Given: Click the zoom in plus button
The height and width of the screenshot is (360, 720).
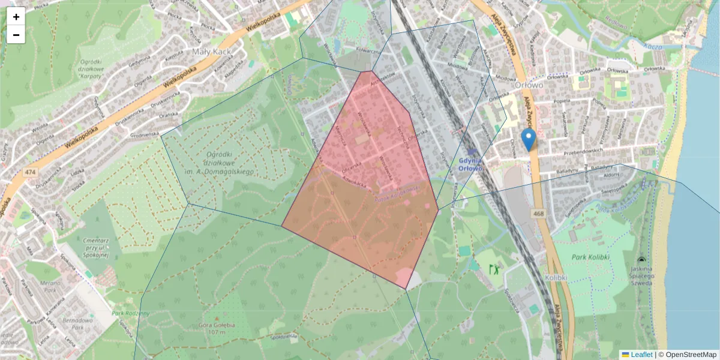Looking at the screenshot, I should pos(16,17).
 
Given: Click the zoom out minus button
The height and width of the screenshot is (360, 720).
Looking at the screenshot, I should pos(16,35).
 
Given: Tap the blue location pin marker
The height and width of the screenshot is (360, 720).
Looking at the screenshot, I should pos(529,139).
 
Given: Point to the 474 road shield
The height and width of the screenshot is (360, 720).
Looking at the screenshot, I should pos(29,173).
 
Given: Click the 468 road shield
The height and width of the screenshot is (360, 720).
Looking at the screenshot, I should pos(538,213).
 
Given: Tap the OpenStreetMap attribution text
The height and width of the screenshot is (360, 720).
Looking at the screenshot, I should pos(691,355).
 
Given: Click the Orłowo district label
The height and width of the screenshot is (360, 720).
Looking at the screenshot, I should pos(528,85).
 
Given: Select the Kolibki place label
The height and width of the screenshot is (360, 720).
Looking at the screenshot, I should pos(556,278).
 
